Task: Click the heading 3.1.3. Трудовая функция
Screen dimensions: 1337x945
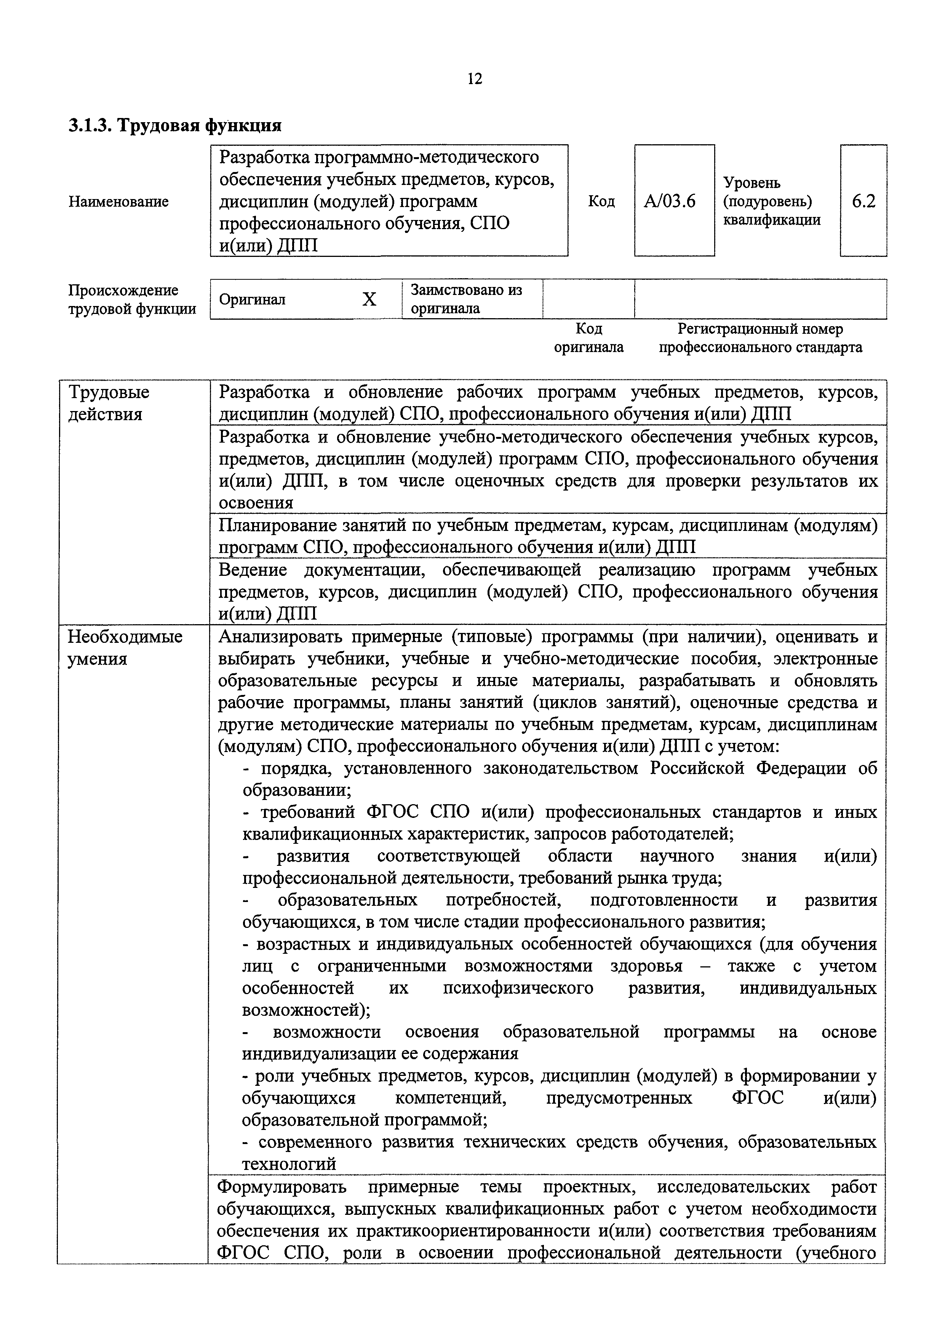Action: tap(175, 126)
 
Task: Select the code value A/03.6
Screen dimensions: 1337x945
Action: tap(670, 201)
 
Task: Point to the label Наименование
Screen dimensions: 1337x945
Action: tap(119, 201)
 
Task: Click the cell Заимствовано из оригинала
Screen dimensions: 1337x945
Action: tap(466, 299)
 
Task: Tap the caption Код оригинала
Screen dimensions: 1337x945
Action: tap(588, 338)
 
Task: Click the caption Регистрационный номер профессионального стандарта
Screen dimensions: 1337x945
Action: tap(760, 338)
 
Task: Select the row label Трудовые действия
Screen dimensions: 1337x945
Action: tap(109, 403)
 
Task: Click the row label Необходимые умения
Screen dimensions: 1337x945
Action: tap(125, 647)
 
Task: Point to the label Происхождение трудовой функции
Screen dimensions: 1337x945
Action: tap(132, 299)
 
